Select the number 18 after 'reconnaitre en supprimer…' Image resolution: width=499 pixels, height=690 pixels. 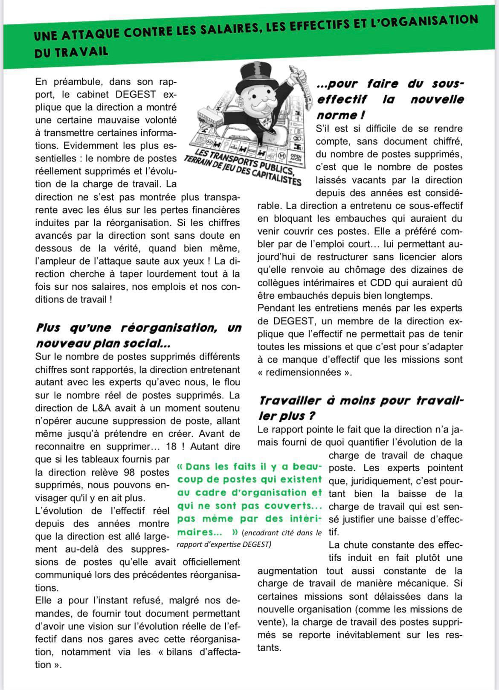pos(172,446)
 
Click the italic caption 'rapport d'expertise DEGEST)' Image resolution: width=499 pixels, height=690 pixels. pos(223,544)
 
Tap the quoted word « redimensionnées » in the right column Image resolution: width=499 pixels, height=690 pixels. pos(305,372)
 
